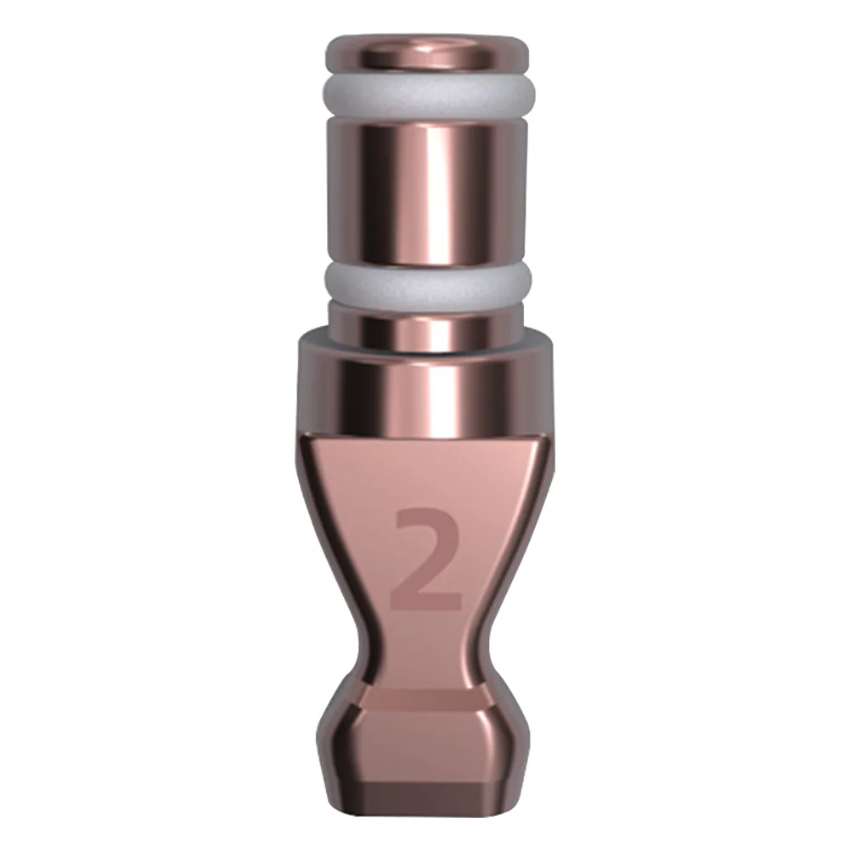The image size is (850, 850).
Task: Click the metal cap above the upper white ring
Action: [x=427, y=55]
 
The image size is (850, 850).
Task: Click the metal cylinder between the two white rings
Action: [x=427, y=191]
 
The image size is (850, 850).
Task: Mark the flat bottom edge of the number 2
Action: [x=427, y=605]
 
